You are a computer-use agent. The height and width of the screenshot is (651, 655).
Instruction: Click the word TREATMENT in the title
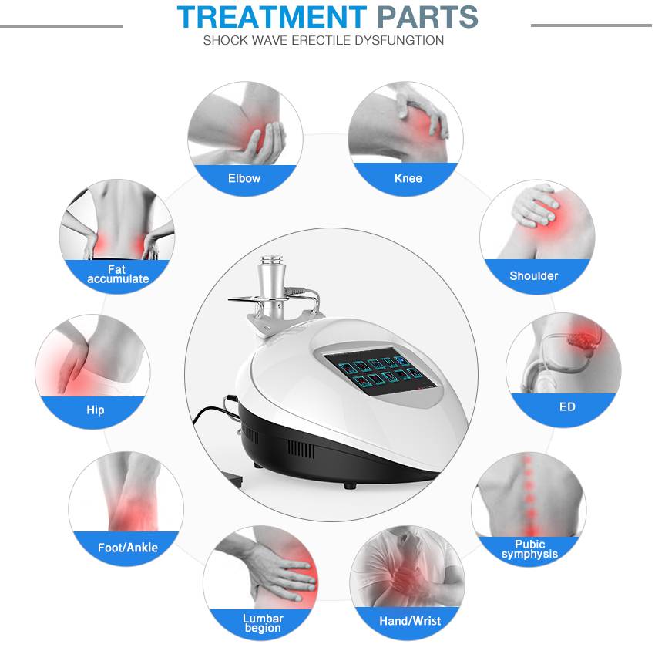pyautogui.click(x=271, y=16)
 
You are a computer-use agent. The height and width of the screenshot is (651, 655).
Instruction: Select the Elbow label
pyautogui.click(x=244, y=178)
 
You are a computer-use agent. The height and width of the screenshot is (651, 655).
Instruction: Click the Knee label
pyautogui.click(x=408, y=178)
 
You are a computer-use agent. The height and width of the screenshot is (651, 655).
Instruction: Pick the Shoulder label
pyautogui.click(x=533, y=275)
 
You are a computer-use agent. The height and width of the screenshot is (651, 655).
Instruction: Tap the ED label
pyautogui.click(x=567, y=406)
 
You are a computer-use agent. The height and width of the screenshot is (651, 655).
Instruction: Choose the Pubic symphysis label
pyautogui.click(x=529, y=549)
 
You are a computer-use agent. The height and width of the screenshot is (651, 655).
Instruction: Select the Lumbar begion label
pyautogui.click(x=263, y=623)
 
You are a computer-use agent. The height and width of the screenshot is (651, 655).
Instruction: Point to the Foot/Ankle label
pyautogui.click(x=127, y=548)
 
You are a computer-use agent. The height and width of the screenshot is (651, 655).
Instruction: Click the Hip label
pyautogui.click(x=95, y=410)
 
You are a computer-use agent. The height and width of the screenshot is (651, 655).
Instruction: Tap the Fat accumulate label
pyautogui.click(x=118, y=274)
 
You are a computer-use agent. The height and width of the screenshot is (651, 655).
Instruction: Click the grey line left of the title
pyautogui.click(x=62, y=25)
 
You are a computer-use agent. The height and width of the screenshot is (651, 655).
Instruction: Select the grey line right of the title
pyautogui.click(x=591, y=25)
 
